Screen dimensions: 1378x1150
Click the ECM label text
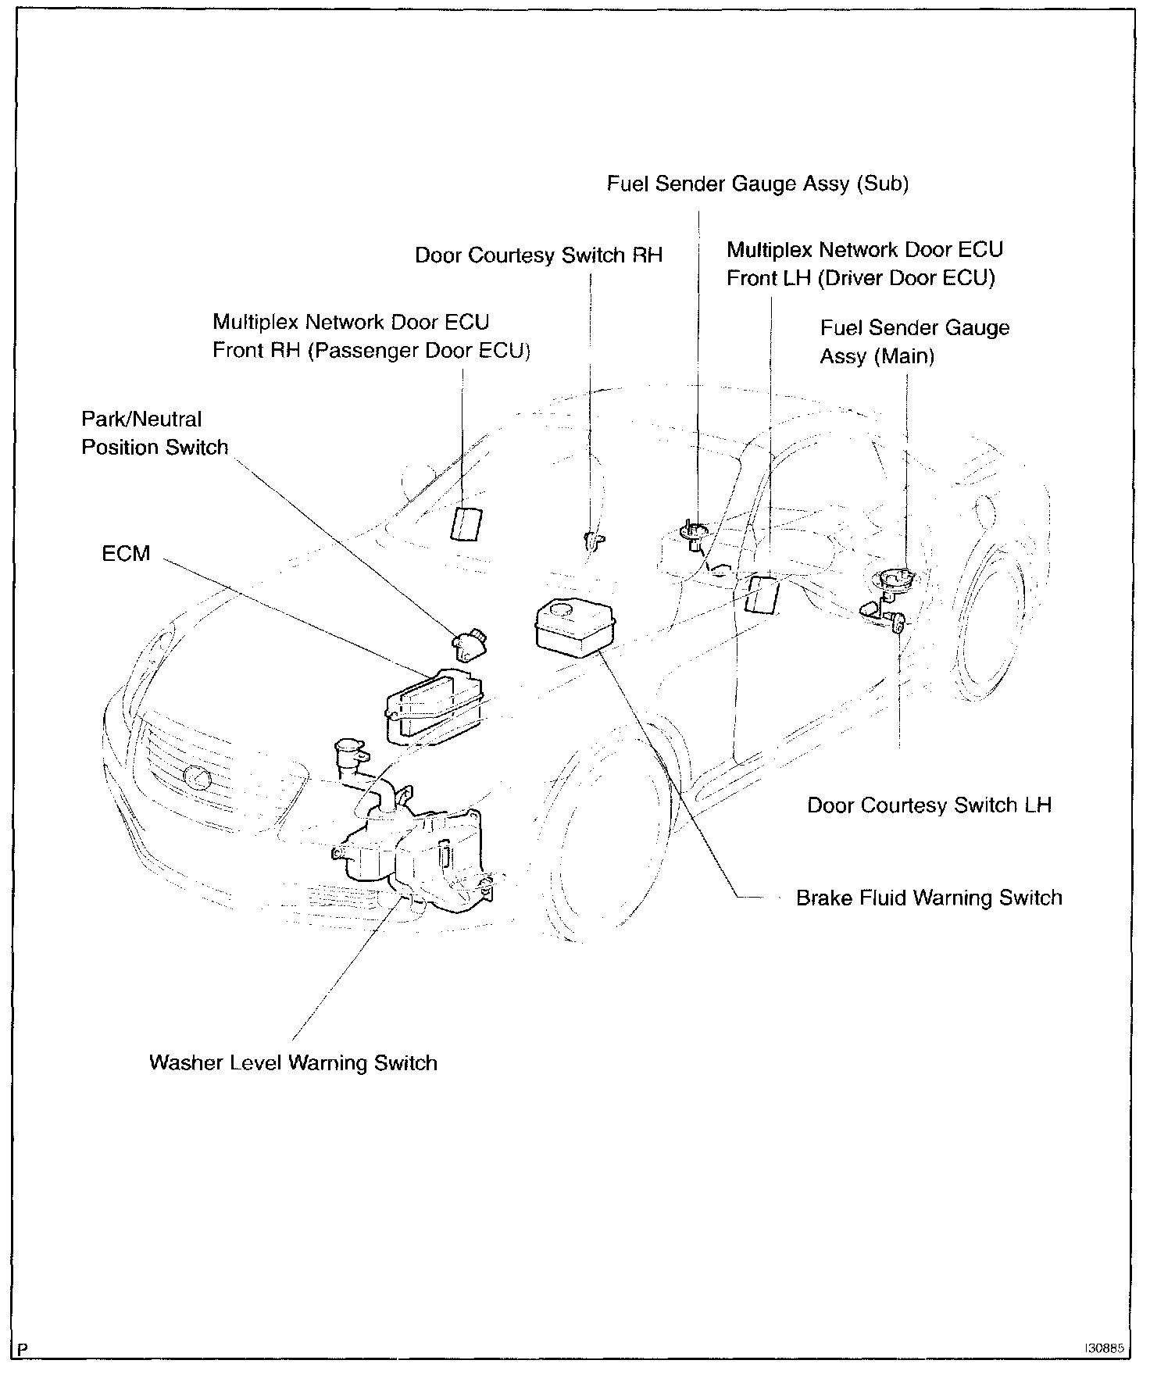tap(126, 554)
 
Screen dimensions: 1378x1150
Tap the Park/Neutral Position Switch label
tap(155, 434)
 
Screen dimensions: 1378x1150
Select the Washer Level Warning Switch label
tap(293, 1062)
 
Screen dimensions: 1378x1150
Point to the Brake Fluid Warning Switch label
tap(929, 898)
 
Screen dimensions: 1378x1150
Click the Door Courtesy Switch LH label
tap(929, 805)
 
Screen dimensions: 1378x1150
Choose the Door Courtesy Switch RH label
tap(538, 255)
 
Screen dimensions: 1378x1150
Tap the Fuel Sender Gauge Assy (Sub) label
tap(758, 184)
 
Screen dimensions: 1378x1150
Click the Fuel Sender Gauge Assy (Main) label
tap(914, 342)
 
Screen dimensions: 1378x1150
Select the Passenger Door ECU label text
tap(371, 337)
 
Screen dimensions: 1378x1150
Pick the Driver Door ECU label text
tap(864, 264)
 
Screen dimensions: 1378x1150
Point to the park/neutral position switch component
tap(469, 642)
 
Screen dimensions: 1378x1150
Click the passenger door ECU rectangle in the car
tap(466, 523)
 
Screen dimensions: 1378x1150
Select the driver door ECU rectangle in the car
tap(762, 595)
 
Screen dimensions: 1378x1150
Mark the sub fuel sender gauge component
tap(694, 534)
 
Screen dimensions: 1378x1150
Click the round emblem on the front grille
tap(196, 777)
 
